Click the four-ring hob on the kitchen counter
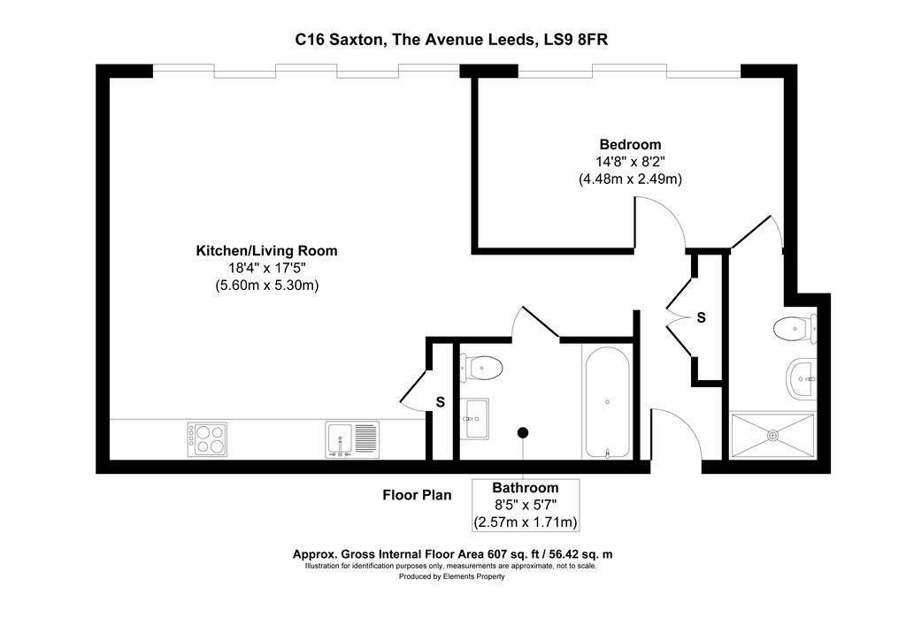(206, 438)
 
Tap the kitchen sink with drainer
(352, 438)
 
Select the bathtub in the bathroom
(607, 402)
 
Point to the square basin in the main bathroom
(476, 418)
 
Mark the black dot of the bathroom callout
(523, 432)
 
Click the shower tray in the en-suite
(772, 435)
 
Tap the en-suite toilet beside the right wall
(794, 329)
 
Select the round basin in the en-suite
(801, 379)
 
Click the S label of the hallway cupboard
(701, 316)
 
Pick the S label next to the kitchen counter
(440, 402)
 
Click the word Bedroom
(630, 145)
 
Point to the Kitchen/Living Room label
(266, 251)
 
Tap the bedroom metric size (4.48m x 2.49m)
(630, 179)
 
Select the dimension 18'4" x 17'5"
(266, 268)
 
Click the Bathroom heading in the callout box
(526, 488)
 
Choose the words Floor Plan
(417, 495)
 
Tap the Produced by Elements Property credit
(451, 576)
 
